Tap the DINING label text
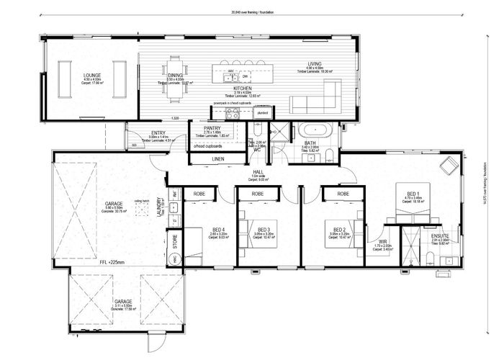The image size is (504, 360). [x=175, y=75]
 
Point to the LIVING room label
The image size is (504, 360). [x=314, y=64]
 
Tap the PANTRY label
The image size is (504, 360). [x=212, y=127]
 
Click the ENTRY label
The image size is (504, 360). [x=158, y=132]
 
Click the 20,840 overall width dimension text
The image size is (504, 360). [x=252, y=12]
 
